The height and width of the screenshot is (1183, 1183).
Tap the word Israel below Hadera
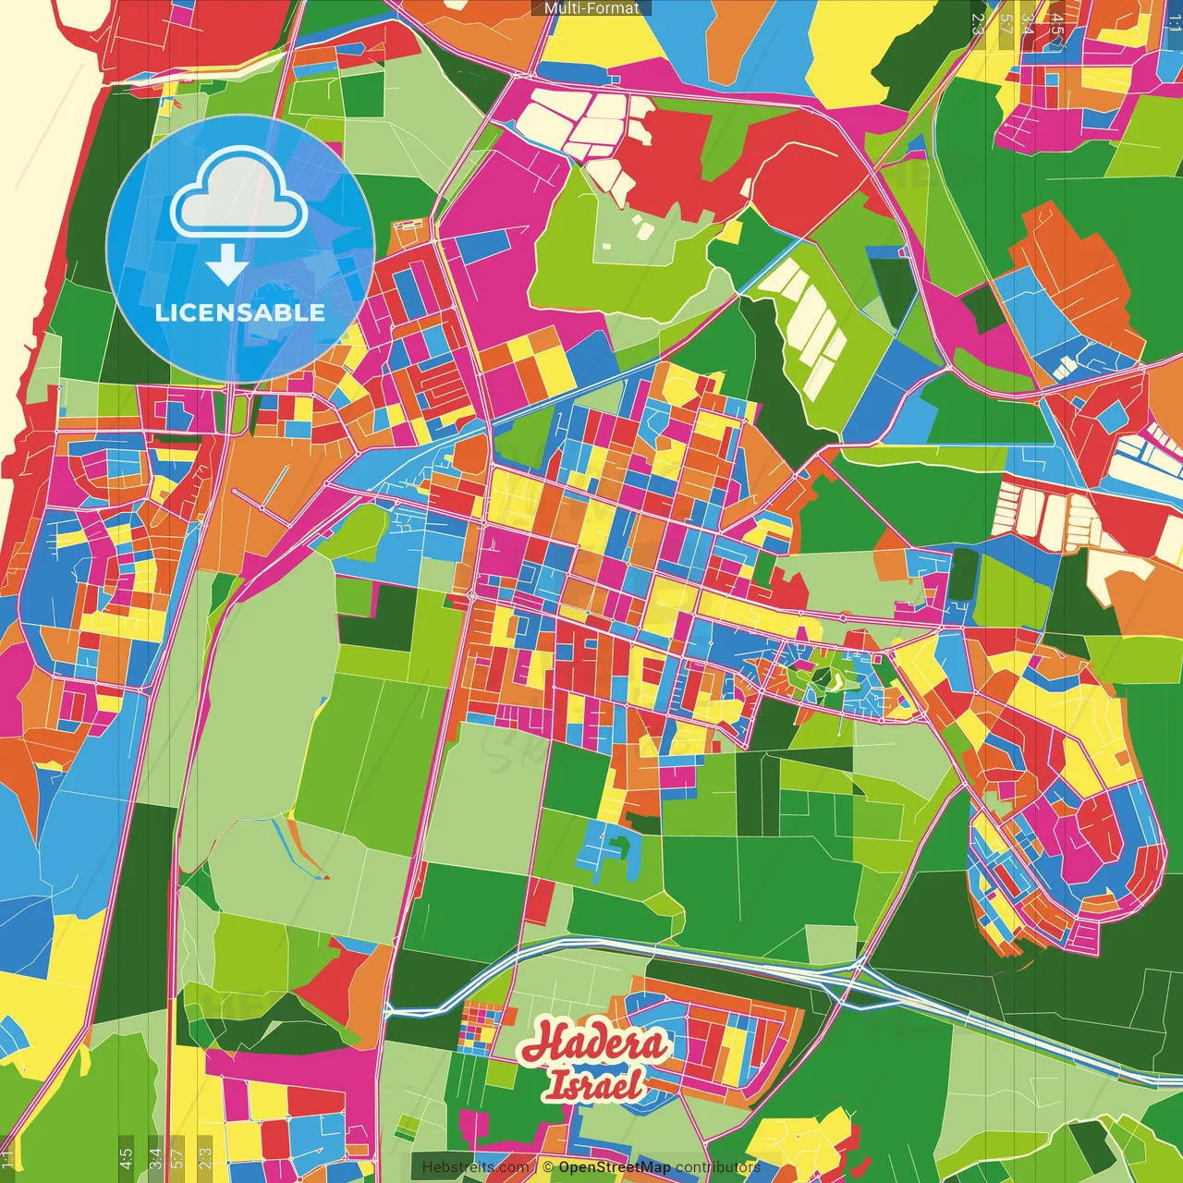[593, 1084]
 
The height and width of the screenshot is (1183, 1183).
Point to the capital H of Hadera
[543, 1043]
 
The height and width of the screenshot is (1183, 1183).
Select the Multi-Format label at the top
[591, 8]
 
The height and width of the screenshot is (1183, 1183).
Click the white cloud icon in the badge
[239, 195]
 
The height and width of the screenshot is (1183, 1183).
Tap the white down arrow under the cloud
[226, 264]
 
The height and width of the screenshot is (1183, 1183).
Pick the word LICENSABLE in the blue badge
[240, 312]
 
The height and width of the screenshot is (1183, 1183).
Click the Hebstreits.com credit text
[475, 1167]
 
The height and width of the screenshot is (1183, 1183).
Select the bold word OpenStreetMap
[614, 1167]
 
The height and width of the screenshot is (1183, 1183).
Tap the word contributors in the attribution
[718, 1167]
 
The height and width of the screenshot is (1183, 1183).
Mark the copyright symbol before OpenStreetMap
[547, 1167]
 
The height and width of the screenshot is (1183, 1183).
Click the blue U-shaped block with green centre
[609, 854]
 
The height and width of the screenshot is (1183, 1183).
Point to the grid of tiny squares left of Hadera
[478, 1029]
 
